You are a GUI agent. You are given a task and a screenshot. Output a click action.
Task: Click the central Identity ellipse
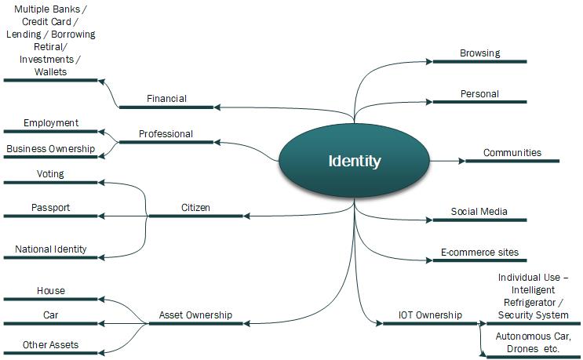[x=355, y=162]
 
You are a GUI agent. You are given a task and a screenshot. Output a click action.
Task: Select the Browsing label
[x=479, y=53]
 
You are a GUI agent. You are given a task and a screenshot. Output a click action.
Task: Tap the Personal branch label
[x=479, y=94]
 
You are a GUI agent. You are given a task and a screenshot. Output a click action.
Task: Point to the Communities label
[x=512, y=153]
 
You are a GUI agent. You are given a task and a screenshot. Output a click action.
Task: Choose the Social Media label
[x=479, y=212]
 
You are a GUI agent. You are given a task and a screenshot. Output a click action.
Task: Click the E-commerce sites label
[x=479, y=253]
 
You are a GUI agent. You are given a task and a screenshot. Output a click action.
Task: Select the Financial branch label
[x=166, y=99]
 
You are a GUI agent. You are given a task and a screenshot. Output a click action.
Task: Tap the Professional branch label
[x=166, y=134]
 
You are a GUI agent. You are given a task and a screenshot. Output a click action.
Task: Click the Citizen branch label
[x=195, y=208]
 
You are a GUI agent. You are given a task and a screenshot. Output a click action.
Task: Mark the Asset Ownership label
[x=195, y=315]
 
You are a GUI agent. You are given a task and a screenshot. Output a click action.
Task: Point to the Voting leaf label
[x=50, y=174]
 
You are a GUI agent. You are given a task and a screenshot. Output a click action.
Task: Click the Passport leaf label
[x=50, y=208]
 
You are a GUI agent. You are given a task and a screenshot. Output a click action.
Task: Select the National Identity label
[x=50, y=249]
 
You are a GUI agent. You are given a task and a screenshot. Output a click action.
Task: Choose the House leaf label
[x=51, y=291]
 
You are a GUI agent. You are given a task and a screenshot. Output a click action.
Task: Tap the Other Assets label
[x=51, y=344]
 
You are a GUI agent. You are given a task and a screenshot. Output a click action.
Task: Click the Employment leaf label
[x=51, y=123]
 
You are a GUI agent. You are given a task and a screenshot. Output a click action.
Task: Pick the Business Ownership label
[x=50, y=149]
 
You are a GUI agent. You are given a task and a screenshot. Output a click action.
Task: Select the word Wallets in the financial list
[x=50, y=71]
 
